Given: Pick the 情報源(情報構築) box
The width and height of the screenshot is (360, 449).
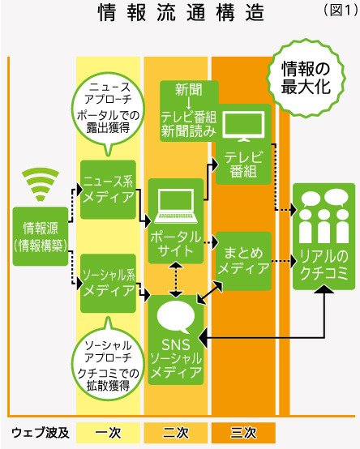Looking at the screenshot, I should click(x=40, y=235).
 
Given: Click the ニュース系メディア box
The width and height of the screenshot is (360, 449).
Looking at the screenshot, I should click(x=108, y=190).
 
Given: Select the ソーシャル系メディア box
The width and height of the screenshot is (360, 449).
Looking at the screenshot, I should click(x=108, y=283).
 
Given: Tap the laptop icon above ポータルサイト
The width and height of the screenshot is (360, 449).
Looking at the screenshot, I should click(x=176, y=203).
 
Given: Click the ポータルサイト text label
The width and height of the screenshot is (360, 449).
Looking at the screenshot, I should click(x=176, y=242).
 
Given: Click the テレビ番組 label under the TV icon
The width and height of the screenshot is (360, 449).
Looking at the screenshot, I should click(x=243, y=163).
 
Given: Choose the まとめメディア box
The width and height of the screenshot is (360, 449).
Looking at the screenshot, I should click(x=243, y=260).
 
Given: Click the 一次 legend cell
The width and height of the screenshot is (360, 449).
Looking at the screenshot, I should click(x=108, y=430).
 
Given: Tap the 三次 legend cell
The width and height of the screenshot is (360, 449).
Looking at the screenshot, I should click(x=243, y=430).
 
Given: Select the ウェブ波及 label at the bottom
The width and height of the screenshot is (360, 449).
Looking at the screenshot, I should click(x=39, y=430).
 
